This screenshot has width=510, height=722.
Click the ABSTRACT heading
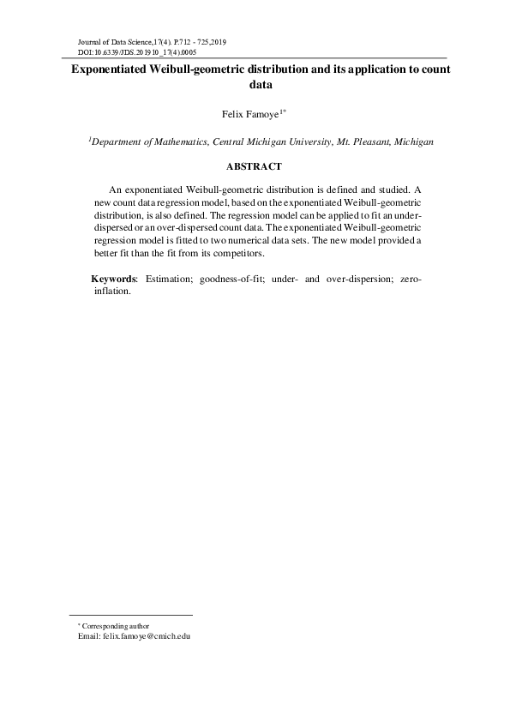[x=254, y=165]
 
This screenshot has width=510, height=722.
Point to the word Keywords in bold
[x=114, y=280]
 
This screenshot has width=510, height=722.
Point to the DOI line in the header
[x=125, y=52]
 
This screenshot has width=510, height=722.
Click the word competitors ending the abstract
[x=240, y=254]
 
